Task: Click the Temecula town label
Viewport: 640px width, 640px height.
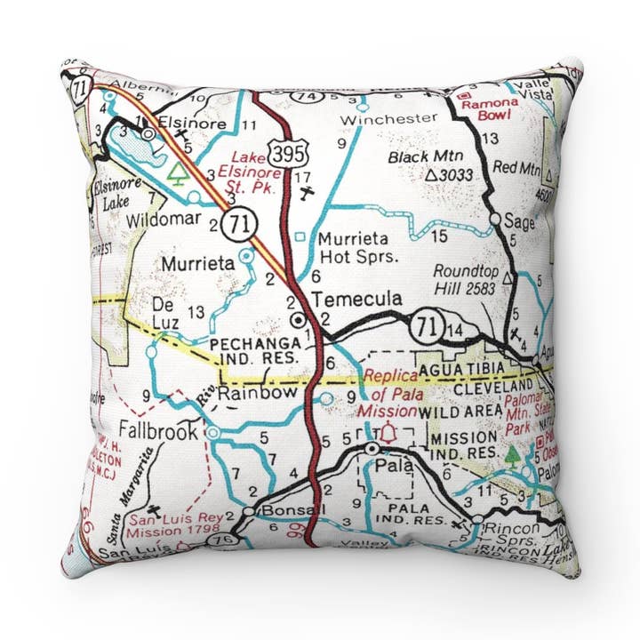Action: [x=356, y=298]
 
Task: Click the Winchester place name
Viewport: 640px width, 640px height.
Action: [x=390, y=117]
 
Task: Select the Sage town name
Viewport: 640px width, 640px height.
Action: [x=519, y=222]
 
